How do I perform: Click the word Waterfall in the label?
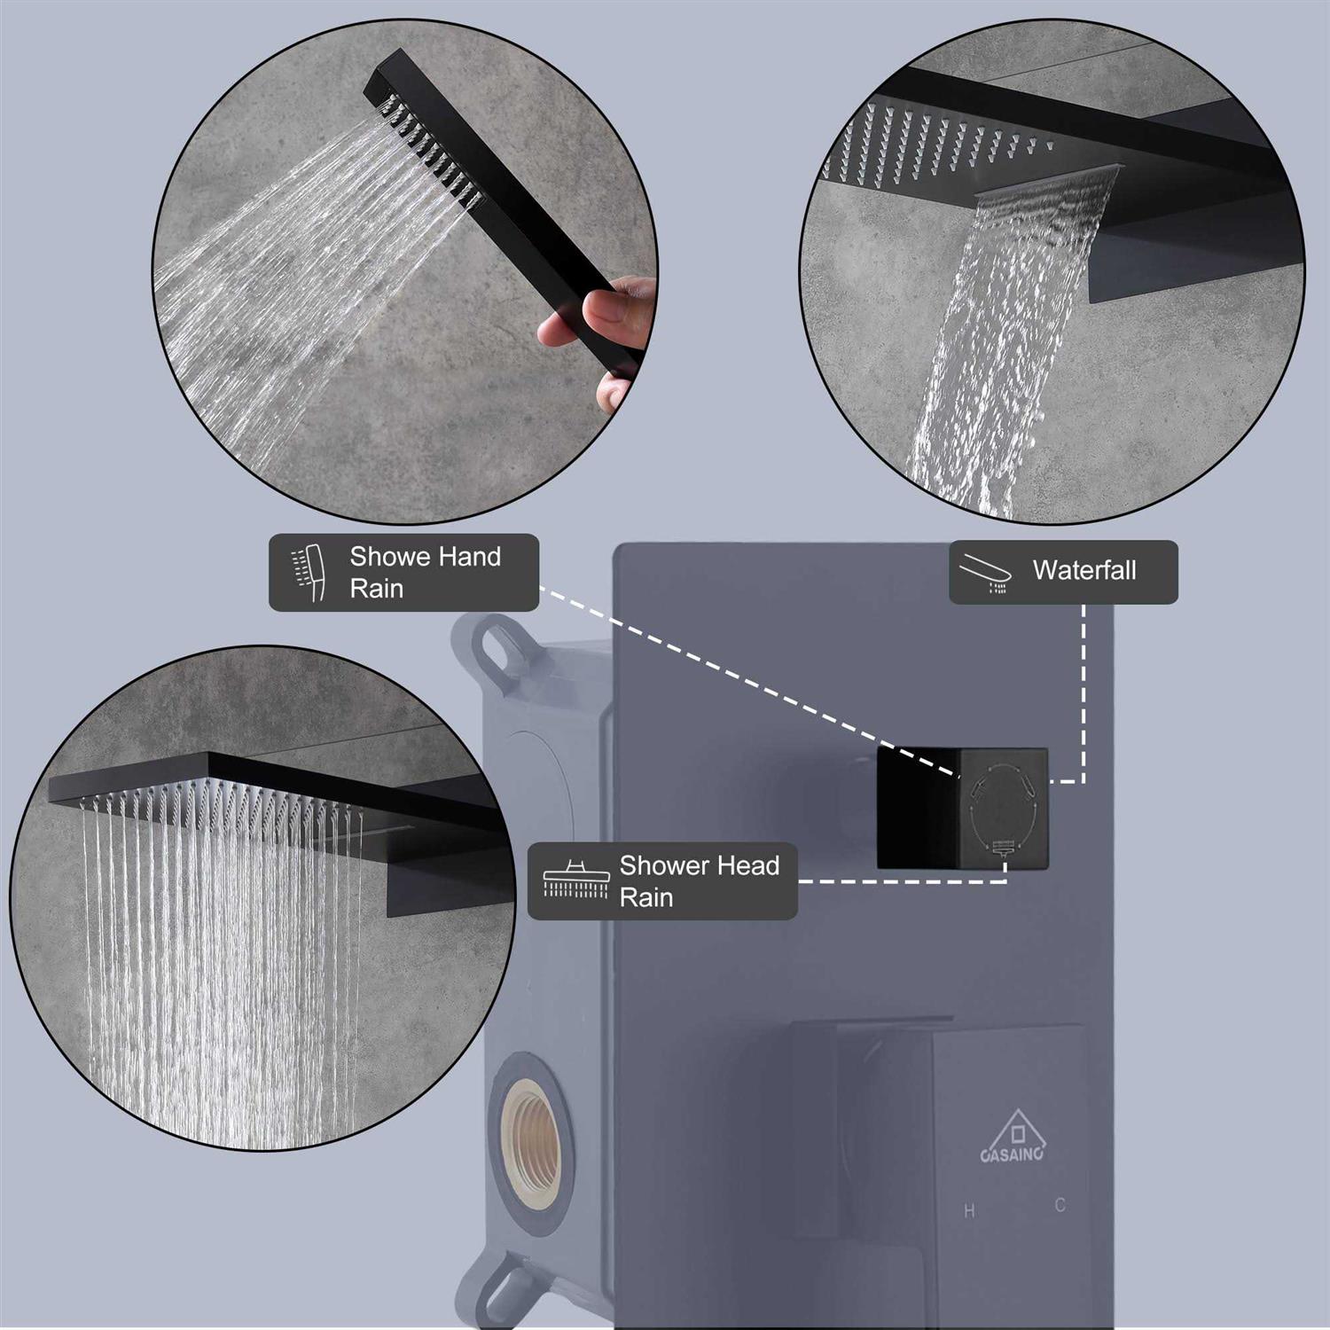point(1084,570)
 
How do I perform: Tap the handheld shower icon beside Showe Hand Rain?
point(309,573)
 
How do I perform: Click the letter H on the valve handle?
point(969,1211)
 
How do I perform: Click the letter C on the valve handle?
point(1060,1205)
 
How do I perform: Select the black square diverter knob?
point(962,808)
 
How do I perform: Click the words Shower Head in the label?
point(699,865)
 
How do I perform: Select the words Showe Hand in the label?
point(425,557)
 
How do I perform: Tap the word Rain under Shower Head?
point(645,897)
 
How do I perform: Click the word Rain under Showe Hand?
point(376,589)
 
